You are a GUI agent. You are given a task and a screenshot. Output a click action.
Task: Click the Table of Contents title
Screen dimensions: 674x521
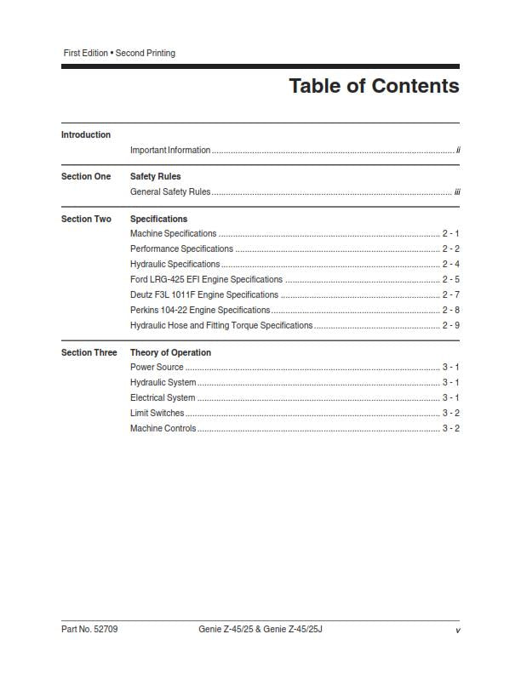[x=374, y=86]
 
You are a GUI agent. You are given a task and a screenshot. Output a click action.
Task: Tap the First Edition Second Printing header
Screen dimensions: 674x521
[x=119, y=53]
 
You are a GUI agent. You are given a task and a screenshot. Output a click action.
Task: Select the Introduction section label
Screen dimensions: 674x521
[x=86, y=134]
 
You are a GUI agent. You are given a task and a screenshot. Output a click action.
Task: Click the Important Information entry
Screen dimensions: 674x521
[x=170, y=151]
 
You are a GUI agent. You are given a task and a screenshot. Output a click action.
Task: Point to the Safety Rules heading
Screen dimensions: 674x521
[x=155, y=177]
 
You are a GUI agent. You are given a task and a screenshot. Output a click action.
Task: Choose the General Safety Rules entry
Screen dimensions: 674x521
[x=170, y=192]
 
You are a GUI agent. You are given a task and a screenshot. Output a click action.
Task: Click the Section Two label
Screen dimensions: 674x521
[x=86, y=220]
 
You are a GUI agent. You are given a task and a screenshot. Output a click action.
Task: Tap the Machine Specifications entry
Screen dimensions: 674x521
[x=174, y=234]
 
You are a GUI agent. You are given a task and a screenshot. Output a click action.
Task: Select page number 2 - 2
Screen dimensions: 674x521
[x=450, y=249]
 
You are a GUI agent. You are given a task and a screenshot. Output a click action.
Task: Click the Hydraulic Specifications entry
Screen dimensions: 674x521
[x=175, y=265]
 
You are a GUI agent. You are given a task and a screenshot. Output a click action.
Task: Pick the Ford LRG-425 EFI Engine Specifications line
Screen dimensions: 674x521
[x=206, y=280]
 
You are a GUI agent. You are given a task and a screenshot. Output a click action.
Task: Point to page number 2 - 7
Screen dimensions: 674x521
[x=450, y=295]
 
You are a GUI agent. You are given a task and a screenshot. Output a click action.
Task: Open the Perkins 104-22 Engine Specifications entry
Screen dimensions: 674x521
[x=200, y=311]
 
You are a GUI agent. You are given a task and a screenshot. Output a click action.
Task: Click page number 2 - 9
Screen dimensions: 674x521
[x=450, y=326]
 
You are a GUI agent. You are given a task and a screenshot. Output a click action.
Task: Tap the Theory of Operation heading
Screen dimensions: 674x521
[x=170, y=352]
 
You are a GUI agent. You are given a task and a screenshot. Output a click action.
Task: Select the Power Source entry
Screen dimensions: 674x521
[x=157, y=368]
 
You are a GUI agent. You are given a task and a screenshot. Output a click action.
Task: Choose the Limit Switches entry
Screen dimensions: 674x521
[x=157, y=414]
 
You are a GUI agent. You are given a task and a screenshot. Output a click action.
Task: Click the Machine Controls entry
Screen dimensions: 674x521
[x=163, y=429]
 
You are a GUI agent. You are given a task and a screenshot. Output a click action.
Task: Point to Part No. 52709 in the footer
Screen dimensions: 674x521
[x=89, y=629]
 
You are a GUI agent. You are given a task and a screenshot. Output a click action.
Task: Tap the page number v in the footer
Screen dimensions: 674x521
[x=457, y=630]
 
